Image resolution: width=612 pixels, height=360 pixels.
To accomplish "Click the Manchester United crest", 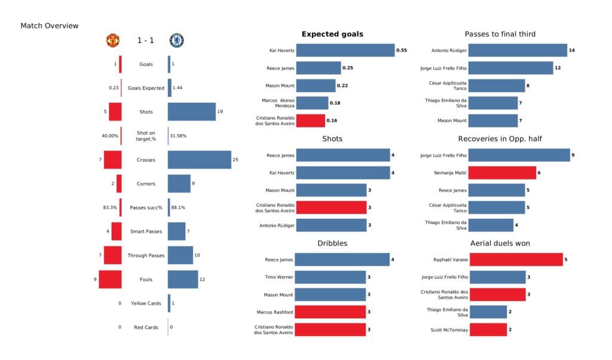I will (113, 40).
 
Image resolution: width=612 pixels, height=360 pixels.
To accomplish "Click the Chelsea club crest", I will (176, 40).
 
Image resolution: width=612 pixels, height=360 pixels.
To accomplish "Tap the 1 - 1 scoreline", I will (145, 41).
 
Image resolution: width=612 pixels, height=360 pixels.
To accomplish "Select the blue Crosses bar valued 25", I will (199, 160).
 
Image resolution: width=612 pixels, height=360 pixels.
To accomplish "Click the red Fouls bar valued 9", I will (111, 279).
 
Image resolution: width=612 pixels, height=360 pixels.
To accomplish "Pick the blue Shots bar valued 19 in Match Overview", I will (191, 112).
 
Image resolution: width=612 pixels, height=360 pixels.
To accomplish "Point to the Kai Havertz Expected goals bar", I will (345, 51).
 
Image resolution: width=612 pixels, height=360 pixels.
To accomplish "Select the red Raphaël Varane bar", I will (516, 260).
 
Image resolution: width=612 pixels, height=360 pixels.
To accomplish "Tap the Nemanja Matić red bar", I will (502, 173).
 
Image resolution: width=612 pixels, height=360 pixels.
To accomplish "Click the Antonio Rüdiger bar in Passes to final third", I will (518, 51).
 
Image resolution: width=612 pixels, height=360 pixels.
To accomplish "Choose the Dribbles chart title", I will (332, 243).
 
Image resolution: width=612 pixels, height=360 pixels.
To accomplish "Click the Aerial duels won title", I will (500, 243).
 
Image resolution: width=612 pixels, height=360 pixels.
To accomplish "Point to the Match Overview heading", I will (49, 26).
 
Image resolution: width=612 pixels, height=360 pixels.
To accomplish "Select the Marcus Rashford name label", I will (275, 312).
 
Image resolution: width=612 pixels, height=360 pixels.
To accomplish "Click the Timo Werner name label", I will (279, 277).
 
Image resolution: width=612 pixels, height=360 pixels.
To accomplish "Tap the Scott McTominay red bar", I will (488, 330).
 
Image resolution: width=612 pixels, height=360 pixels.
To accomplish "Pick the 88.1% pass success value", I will (178, 208).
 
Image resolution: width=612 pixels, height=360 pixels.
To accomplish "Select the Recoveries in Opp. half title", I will (500, 139).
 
